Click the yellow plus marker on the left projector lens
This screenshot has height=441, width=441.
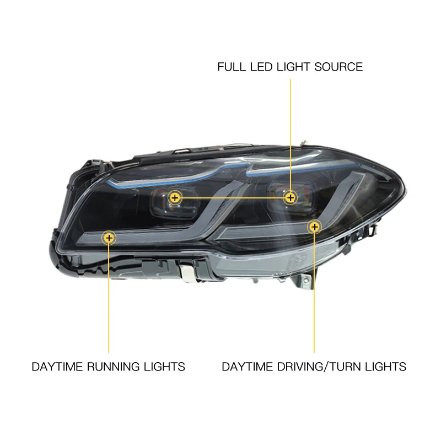(x=175, y=197)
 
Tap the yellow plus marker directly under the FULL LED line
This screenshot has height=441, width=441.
(x=290, y=197)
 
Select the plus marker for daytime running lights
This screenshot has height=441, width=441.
(x=109, y=238)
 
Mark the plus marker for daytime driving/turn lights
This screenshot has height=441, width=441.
(x=314, y=227)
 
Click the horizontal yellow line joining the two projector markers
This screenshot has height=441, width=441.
(x=232, y=197)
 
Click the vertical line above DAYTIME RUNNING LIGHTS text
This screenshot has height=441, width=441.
(x=109, y=298)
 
